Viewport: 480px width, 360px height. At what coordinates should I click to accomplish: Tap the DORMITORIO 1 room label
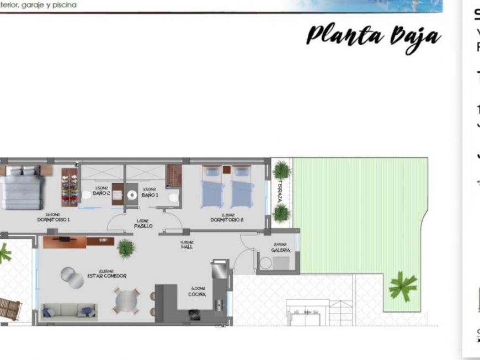(54, 219)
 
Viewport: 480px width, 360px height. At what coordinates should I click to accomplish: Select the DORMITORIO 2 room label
(227, 219)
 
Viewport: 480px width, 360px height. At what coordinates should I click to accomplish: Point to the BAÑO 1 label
(149, 195)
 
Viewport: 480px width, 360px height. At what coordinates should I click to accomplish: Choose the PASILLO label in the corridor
(143, 225)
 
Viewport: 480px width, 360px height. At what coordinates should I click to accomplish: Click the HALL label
(186, 247)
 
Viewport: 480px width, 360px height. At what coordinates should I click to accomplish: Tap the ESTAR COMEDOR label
(106, 276)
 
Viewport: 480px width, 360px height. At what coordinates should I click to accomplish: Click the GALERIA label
(280, 250)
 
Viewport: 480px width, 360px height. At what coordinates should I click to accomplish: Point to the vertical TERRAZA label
(281, 191)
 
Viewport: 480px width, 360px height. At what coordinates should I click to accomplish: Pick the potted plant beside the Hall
(126, 248)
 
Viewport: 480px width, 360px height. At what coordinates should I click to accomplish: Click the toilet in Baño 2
(87, 195)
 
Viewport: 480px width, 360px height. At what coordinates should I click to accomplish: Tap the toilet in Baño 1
(173, 197)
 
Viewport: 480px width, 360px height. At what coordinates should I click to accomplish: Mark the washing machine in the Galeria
(265, 263)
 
